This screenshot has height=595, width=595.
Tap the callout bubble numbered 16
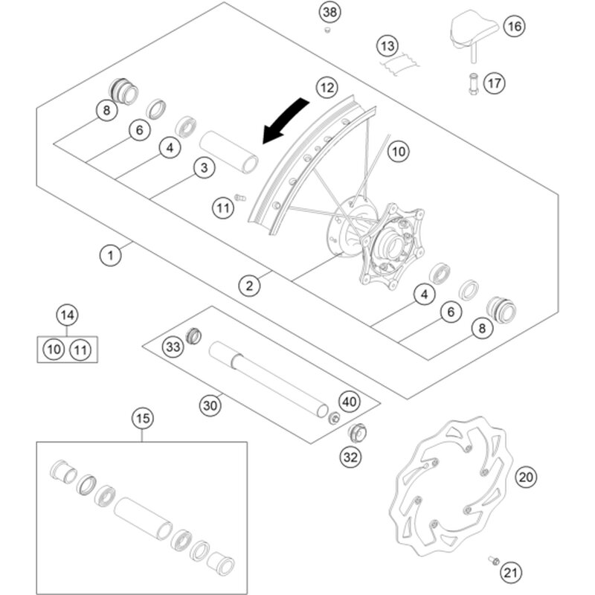point(513,27)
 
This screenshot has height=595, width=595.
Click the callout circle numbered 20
point(526,476)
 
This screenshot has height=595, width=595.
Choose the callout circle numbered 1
point(110,255)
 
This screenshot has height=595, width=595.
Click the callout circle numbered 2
point(249,284)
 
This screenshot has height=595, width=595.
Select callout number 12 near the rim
point(325,87)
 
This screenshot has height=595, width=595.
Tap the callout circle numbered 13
point(387,47)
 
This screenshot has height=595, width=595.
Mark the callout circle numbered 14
point(68,315)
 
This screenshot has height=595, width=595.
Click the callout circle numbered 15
point(143,419)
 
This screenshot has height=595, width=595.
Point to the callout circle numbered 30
point(210,405)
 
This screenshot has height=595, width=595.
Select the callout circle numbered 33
point(173,347)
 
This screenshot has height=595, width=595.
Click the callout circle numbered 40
point(350,402)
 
